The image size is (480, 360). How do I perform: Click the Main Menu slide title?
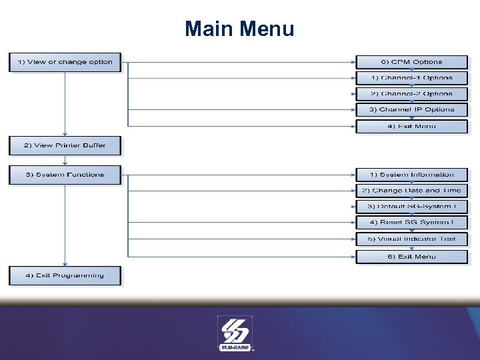pos(239,29)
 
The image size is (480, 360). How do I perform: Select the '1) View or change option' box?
pos(65,62)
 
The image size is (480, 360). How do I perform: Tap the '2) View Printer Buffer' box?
pos(65,145)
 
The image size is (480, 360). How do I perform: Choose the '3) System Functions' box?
pos(65,175)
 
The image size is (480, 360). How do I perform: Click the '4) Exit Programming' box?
pos(65,275)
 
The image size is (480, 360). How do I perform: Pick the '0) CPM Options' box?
pos(411,62)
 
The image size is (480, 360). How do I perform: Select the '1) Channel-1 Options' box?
pos(411,78)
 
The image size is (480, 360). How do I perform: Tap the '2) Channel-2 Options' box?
pos(411,94)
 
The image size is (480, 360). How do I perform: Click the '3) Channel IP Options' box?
pos(411,109)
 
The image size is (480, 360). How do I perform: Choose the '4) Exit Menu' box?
pos(411,125)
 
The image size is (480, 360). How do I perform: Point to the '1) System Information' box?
pos(411,175)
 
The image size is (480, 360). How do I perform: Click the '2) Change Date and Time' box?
pos(411,191)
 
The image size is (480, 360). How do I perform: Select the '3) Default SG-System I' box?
pos(411,207)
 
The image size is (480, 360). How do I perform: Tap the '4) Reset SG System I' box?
pos(411,223)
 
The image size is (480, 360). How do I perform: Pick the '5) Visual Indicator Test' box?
pos(411,239)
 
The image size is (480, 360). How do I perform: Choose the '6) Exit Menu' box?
pos(411,256)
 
